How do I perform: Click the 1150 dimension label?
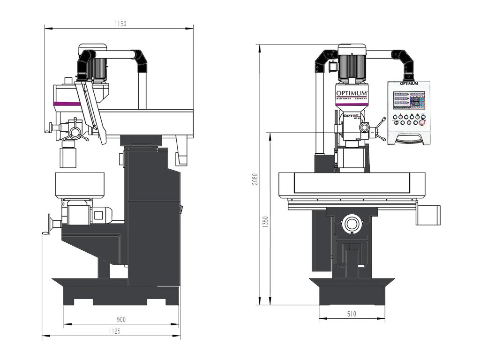120,23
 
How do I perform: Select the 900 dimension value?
121,320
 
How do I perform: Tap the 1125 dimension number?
114,331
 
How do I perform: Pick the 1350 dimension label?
266,222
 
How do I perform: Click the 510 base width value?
352,315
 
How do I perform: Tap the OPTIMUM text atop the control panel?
409,84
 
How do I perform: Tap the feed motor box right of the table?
428,215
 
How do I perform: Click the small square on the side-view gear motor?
98,215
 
